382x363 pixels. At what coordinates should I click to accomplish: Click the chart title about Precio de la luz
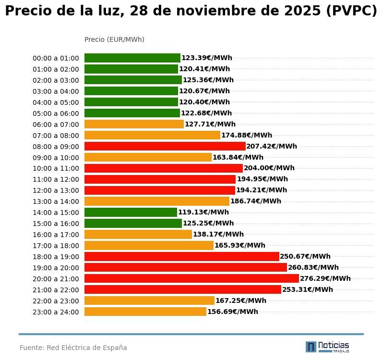tap(191, 12)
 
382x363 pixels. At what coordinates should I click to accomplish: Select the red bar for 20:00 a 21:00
tap(191, 278)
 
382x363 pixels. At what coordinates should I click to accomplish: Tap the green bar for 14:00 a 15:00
tap(131, 212)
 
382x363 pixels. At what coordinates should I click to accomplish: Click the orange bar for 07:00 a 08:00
tap(152, 135)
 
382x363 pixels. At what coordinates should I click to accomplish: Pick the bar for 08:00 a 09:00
tap(165, 146)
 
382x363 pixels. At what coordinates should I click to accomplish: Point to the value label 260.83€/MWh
tap(313, 267)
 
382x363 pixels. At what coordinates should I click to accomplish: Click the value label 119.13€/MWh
tap(203, 212)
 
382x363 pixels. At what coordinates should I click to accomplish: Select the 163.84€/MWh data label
tap(238, 157)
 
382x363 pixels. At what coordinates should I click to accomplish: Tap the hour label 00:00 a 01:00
tap(56, 58)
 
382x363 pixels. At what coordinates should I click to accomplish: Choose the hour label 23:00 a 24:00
tap(56, 312)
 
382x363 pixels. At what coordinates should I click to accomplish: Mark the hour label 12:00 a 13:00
tap(56, 190)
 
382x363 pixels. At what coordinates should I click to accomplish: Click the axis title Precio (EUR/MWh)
tap(114, 39)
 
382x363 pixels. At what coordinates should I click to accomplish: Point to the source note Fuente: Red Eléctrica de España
tap(73, 348)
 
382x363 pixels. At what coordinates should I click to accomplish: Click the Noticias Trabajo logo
tap(327, 347)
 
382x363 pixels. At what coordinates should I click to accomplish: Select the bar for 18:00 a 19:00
tap(181, 256)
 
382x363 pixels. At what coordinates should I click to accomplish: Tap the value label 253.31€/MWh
tap(307, 289)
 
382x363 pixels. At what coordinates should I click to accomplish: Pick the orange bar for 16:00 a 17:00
tap(138, 234)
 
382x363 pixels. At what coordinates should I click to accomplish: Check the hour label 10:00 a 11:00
tap(56, 168)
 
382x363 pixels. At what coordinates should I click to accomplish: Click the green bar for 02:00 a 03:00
tap(133, 80)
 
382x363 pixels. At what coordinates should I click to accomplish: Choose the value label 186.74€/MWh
tap(255, 201)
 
